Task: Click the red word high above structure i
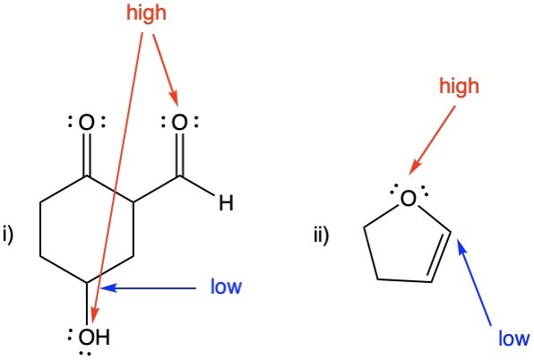146,13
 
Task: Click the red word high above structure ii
459,86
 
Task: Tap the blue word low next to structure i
226,287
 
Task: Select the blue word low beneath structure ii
514,339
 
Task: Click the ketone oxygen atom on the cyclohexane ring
87,123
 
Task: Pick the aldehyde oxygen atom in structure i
179,123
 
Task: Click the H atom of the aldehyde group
226,203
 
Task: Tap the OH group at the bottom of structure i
94,337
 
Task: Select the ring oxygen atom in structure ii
409,199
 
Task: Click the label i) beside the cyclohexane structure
8,234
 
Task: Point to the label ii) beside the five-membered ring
321,234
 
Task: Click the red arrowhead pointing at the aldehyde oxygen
175,98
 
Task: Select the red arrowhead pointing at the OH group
95,315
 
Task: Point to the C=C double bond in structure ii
439,257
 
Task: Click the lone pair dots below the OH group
84,354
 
